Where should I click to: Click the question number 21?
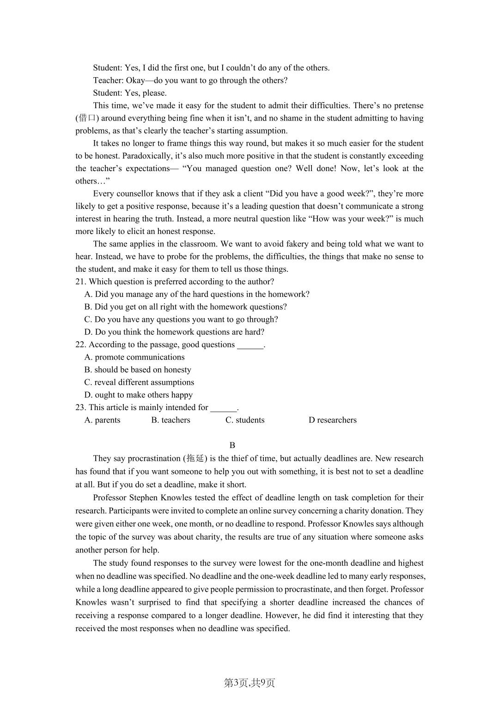(80, 282)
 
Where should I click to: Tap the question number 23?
(80, 407)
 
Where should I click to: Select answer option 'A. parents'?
(102, 420)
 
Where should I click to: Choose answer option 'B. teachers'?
(170, 420)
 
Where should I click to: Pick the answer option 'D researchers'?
(332, 420)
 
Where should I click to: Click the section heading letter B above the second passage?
(232, 445)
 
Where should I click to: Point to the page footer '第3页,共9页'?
(249, 683)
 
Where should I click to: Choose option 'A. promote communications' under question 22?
(134, 357)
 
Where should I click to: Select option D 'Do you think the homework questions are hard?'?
(174, 332)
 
